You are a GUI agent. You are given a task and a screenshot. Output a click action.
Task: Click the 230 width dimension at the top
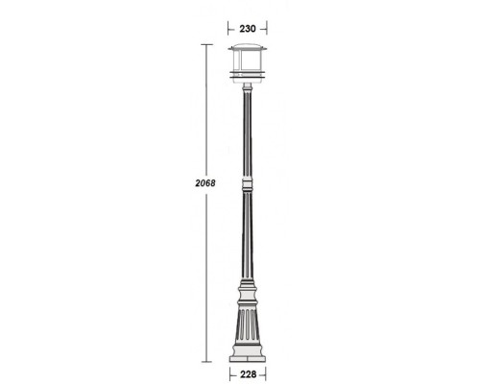tap(248, 29)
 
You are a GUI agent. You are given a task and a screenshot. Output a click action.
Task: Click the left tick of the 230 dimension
tap(227, 29)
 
